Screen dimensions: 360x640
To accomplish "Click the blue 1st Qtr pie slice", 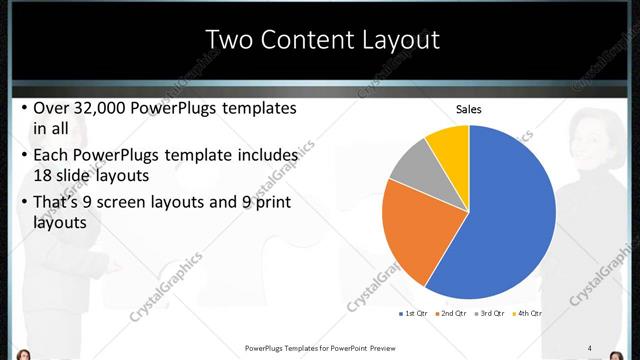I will coord(500,220).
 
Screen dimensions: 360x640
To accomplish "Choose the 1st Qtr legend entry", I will coord(413,314).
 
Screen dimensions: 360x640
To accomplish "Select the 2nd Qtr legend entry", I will coord(452,314).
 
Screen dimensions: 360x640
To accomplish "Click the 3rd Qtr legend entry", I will coord(490,314).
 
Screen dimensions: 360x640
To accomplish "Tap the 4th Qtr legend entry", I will coord(527,314).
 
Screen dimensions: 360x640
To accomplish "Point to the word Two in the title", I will coord(228,40).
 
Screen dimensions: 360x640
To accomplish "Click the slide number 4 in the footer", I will coord(589,348).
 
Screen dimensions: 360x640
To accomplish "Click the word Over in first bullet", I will coord(52,108).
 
